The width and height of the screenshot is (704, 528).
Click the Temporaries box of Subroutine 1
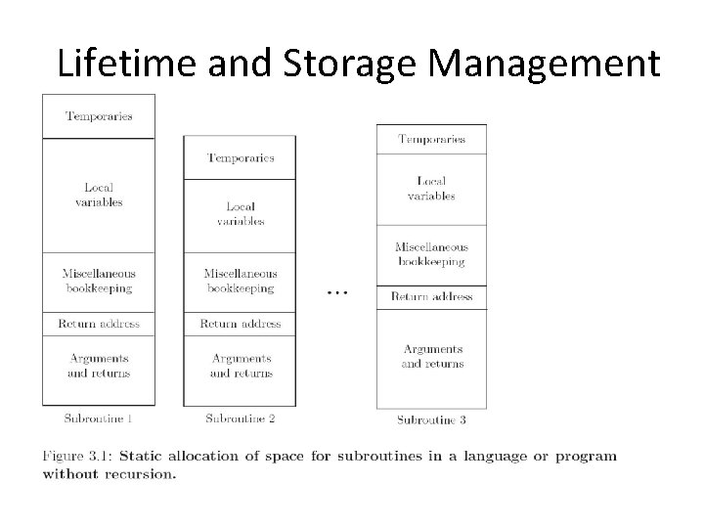tap(99, 116)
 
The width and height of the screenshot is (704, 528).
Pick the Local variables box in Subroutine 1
tap(99, 196)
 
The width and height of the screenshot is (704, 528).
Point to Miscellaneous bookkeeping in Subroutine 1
tap(99, 282)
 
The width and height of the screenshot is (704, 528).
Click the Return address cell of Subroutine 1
tap(99, 324)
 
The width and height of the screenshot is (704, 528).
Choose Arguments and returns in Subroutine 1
tap(99, 366)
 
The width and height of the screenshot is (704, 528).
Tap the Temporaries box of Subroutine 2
tap(241, 157)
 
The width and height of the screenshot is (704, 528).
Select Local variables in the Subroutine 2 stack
tap(241, 213)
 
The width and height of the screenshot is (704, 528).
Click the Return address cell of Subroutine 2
tap(241, 324)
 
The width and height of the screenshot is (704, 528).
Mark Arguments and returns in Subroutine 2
tap(241, 366)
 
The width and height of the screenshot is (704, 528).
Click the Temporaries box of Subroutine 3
tap(431, 139)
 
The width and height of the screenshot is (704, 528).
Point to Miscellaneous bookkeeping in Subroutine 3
tap(431, 254)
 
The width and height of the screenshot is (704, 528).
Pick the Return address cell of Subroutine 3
tap(431, 296)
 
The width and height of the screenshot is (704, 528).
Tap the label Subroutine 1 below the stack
tap(98, 418)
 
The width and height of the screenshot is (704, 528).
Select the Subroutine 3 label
tap(431, 420)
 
